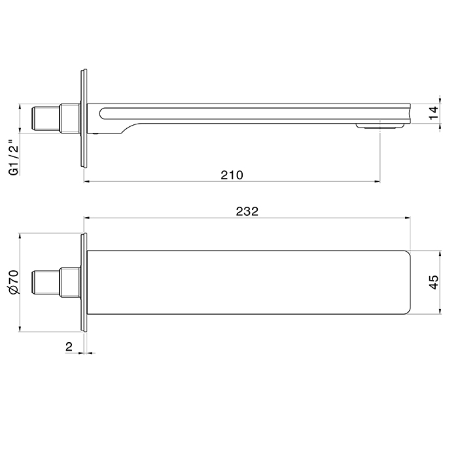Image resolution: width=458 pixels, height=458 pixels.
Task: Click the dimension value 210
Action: tap(232, 175)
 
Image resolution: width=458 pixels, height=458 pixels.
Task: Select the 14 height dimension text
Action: tap(432, 113)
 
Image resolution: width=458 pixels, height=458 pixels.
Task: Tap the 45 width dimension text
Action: tap(432, 282)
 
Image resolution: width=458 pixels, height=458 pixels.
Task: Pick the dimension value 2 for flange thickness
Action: tap(69, 347)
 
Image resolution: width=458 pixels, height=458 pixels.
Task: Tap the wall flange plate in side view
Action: tap(83, 118)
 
